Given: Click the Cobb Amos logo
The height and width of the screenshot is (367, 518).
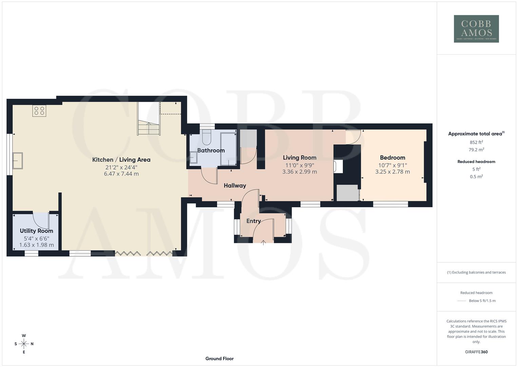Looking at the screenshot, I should pos(476,29).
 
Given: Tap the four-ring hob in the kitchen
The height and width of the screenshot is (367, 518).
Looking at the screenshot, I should pos(39,111).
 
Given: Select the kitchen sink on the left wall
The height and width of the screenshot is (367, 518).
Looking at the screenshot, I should pos(18,161).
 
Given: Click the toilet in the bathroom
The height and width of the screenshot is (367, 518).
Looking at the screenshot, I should pos(207,137).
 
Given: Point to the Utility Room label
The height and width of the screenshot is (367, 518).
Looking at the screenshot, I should pos(36,231).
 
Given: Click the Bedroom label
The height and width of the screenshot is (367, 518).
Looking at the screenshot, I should pos(392,157).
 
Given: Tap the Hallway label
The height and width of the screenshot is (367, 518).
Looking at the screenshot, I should pos(235,186).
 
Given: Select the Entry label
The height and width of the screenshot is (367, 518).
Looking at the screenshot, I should pos(253,221).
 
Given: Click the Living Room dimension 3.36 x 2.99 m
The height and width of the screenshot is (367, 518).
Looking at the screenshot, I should pos(300,172).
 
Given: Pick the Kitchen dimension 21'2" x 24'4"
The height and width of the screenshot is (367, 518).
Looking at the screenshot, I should pos(121,167).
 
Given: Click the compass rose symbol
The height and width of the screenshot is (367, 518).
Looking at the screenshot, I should pos(24,344).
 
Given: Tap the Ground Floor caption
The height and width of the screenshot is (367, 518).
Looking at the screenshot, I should pos(219,359).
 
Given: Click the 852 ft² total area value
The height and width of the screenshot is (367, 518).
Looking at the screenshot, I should pos(476,142).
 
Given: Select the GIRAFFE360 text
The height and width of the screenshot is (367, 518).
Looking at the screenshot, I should pos(476,352).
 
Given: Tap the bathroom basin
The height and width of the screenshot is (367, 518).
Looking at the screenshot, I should pos(193,158).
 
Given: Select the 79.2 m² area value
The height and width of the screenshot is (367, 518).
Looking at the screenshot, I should pos(476,150).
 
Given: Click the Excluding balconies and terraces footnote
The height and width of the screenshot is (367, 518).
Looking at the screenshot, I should pos(476,272).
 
